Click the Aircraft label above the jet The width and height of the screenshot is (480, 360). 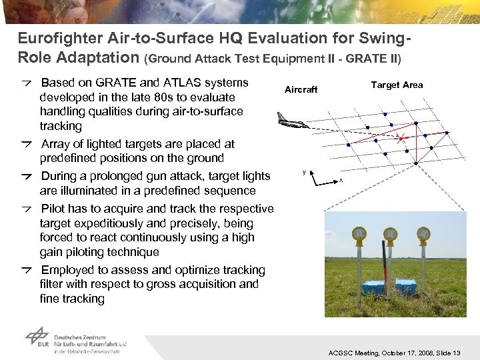click(301, 89)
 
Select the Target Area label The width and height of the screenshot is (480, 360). click(396, 85)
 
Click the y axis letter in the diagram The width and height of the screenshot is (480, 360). click(304, 172)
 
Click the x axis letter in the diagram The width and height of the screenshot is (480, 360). click(341, 181)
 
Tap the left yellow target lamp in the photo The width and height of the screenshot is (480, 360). click(359, 235)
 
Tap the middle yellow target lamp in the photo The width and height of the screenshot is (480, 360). click(390, 235)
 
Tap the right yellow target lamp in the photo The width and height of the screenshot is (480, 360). click(423, 234)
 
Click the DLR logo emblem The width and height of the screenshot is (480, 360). click(37, 337)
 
